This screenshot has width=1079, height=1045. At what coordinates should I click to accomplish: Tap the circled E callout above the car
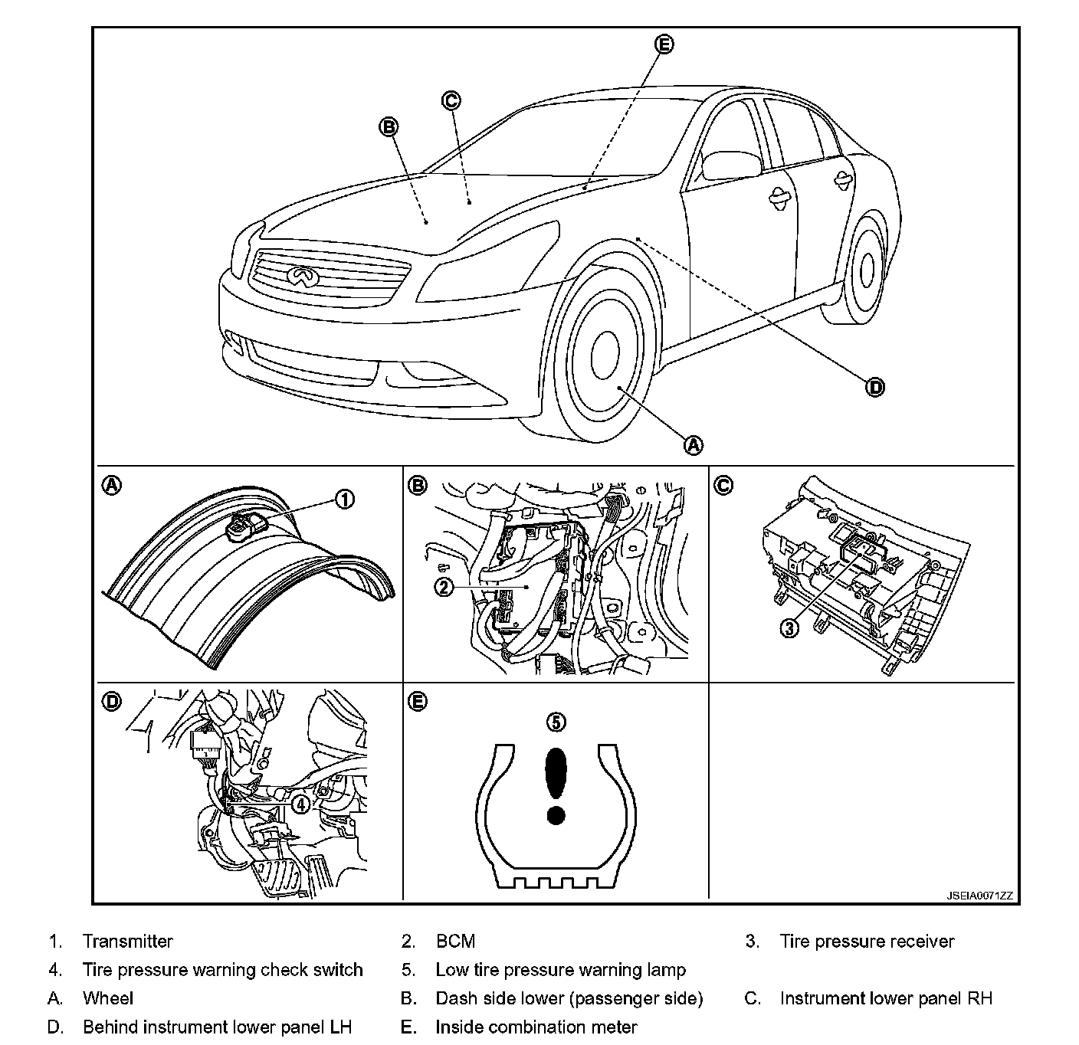664,44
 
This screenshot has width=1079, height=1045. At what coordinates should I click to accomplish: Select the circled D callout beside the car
875,387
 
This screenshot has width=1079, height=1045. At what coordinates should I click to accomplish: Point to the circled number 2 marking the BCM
444,587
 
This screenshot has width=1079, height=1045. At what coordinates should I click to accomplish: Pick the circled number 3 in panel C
790,628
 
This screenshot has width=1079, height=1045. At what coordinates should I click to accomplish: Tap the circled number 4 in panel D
300,804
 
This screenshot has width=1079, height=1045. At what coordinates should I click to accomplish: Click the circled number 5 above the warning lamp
556,722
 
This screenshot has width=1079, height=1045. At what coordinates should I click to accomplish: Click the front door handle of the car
781,197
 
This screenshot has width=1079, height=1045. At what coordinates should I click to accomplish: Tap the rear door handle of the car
845,179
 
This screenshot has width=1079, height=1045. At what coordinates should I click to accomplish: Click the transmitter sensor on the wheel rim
247,525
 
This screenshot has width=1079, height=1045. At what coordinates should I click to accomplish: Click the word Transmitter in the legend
128,942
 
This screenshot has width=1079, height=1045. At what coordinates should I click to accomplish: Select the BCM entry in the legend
455,942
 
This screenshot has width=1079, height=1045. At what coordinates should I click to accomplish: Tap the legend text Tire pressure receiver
867,942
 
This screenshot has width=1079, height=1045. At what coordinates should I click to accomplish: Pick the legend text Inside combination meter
536,1027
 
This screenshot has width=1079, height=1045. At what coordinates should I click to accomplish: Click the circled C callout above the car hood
451,100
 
